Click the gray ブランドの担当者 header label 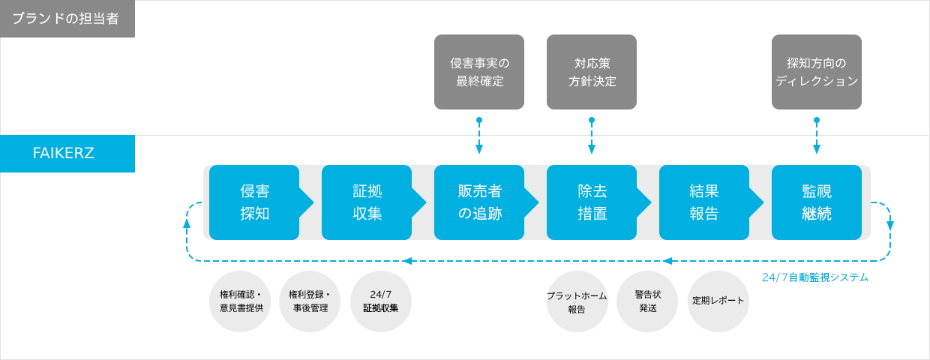67,19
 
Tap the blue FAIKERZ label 67,153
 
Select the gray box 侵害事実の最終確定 479,72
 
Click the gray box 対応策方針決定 592,72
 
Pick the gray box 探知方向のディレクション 817,72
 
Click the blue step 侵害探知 254,202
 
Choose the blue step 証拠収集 367,202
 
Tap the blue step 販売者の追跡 479,202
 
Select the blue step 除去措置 592,202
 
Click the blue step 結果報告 704,202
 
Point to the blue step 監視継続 817,202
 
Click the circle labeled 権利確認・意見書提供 240,301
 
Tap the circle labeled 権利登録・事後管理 310,301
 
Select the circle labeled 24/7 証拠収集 381,301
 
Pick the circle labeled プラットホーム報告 577,301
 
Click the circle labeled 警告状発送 647,301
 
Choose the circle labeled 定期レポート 718,301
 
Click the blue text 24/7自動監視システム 815,277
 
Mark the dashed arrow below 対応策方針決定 592,136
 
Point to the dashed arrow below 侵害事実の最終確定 479,136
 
